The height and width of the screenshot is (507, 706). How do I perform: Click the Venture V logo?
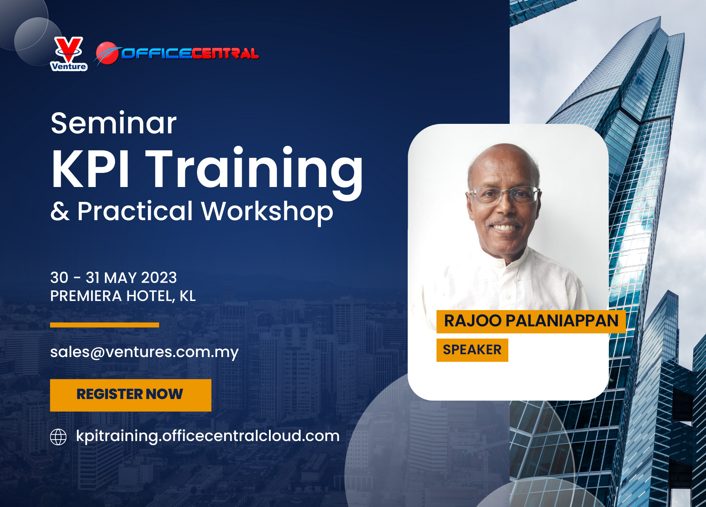coord(69,54)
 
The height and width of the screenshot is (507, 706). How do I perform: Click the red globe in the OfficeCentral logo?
coord(107,53)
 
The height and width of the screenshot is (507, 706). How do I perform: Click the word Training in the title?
coord(254,173)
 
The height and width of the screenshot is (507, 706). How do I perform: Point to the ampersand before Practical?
coord(60,211)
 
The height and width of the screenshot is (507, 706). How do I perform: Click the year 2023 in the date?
coord(159,278)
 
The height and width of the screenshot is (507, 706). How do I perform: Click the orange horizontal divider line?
coord(104,325)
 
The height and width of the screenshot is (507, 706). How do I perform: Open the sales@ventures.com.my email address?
coord(144,352)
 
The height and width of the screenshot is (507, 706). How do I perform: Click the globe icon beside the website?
coord(58,437)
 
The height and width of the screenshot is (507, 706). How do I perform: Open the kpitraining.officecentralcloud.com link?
coord(208,436)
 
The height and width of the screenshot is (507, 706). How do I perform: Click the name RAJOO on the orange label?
coord(473,321)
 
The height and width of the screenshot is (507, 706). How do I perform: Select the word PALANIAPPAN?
coord(562,321)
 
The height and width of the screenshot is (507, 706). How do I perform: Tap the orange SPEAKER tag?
coord(472,350)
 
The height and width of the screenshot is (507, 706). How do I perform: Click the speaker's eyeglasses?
coord(503,195)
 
